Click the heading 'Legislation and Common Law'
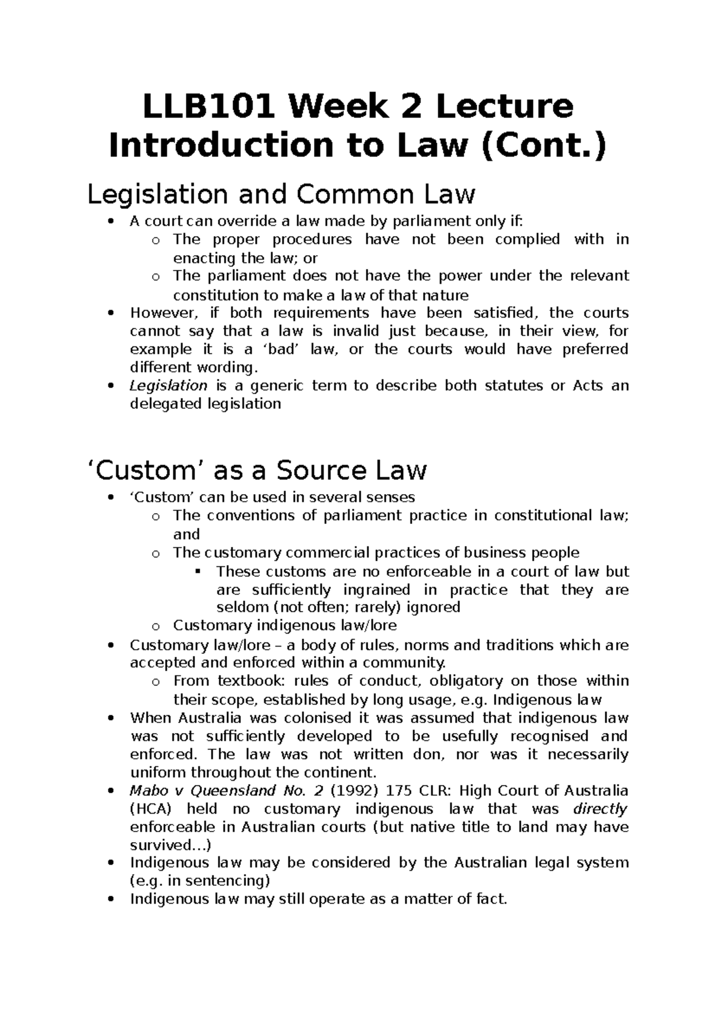point(281,194)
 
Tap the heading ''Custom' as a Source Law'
point(257,470)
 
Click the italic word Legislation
point(168,386)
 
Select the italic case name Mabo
point(145,791)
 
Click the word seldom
point(242,607)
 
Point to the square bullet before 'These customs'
point(198,572)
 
